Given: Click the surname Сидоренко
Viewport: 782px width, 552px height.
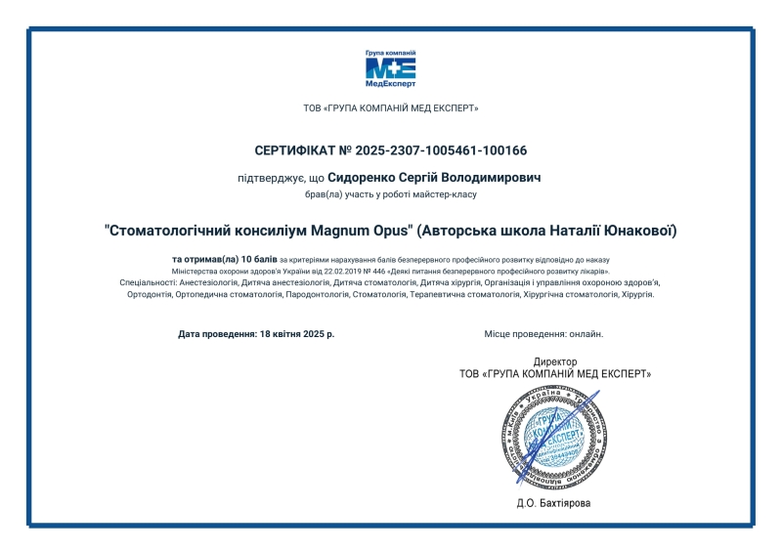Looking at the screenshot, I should click(x=364, y=179).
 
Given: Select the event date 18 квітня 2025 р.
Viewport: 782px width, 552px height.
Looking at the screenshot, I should click(x=297, y=334).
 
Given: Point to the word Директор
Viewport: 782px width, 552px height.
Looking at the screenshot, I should click(x=554, y=361).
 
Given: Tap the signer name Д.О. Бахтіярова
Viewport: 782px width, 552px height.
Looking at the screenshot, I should click(x=554, y=504).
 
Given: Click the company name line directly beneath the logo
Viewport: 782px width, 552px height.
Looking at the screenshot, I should click(x=391, y=108).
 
